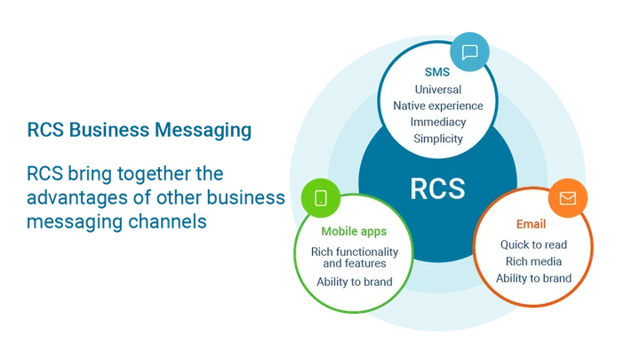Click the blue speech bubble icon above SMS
pos(470,52)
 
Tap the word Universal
pos(438,90)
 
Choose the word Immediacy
pos(438,123)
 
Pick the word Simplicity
pos(438,140)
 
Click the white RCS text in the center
pos(438,188)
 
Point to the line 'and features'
pos(354,264)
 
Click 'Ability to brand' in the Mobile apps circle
pos(354,282)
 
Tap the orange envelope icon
pos(567,196)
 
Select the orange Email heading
pos(532,225)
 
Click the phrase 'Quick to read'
pos(533,244)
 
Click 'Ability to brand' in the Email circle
pos(533,278)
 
